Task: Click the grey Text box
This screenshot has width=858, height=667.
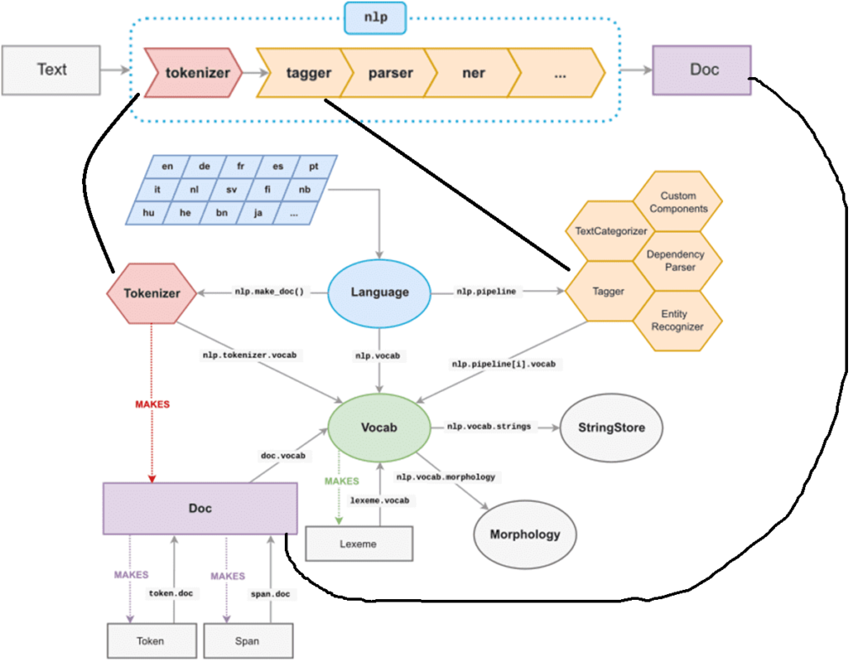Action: pos(51,70)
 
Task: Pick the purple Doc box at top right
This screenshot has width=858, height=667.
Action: pos(703,70)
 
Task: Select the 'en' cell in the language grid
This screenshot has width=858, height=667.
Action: pos(168,166)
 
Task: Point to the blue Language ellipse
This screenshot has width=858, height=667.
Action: pos(380,292)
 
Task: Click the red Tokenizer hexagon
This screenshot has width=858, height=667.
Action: pos(151,293)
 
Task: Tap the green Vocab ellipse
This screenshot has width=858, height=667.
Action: pos(380,427)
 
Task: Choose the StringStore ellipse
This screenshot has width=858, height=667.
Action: pos(611,428)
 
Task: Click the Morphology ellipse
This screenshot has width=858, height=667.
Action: pos(525,534)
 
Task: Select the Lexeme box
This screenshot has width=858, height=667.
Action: pos(359,544)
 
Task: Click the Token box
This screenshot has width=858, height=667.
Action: pos(151,641)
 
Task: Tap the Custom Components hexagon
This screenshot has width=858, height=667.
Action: pos(678,202)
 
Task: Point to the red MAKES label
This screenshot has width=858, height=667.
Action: pos(152,404)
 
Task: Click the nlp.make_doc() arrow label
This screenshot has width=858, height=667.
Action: pos(267,292)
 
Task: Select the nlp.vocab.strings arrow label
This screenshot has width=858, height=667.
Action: pos(488,427)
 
